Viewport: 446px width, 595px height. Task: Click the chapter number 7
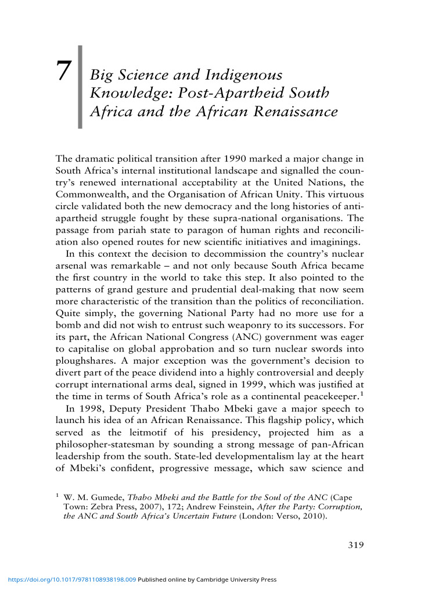pyautogui.click(x=63, y=71)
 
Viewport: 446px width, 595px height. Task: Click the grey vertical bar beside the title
pyautogui.click(x=80, y=87)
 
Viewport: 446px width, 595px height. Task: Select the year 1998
pyautogui.click(x=91, y=408)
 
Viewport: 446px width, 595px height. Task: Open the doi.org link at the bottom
pyautogui.click(x=70, y=579)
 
